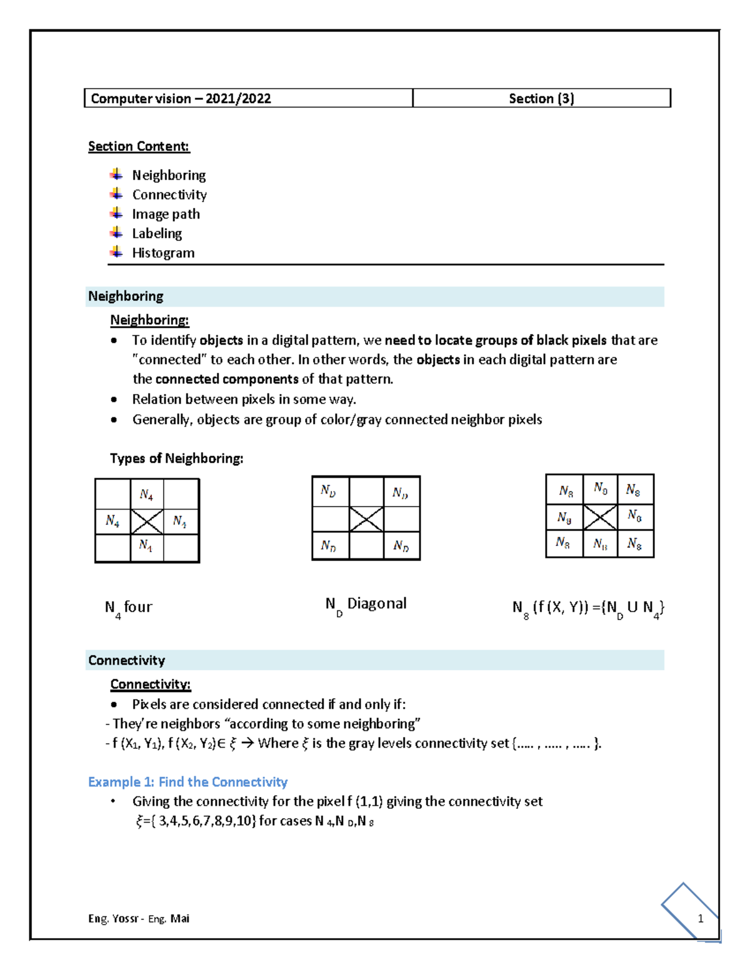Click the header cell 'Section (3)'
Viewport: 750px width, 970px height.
(541, 99)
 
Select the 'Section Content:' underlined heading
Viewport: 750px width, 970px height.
(139, 146)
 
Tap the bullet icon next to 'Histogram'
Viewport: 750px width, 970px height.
(116, 252)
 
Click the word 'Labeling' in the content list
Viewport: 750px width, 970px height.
(157, 234)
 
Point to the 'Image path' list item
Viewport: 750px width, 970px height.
(166, 214)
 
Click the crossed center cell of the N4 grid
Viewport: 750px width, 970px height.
(147, 521)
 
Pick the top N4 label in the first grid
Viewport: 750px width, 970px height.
(146, 495)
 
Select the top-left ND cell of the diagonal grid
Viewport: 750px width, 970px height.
(329, 491)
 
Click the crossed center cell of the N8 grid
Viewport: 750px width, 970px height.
(600, 517)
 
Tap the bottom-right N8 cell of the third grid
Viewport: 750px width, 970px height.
(635, 544)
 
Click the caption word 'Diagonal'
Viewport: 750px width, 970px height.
(377, 603)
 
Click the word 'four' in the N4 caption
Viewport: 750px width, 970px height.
(138, 607)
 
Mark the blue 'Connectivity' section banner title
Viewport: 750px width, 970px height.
(127, 660)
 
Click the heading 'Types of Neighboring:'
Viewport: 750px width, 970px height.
(177, 458)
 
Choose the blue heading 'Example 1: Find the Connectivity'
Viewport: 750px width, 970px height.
(187, 782)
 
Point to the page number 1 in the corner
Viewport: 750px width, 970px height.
(700, 918)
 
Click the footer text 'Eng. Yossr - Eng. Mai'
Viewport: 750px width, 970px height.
(139, 918)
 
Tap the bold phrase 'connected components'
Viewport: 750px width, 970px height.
(227, 379)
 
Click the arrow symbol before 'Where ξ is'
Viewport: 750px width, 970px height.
(247, 743)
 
